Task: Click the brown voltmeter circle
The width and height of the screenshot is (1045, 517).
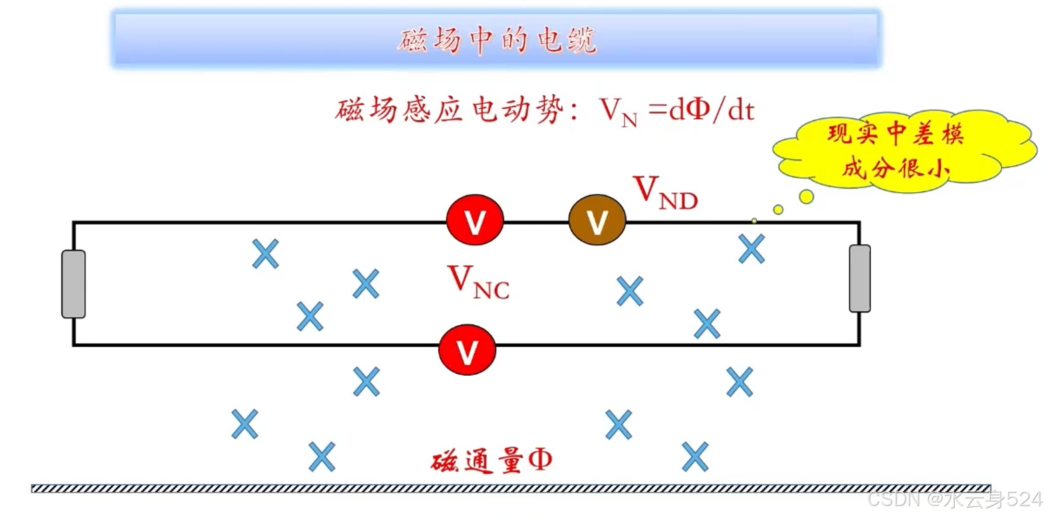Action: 597,220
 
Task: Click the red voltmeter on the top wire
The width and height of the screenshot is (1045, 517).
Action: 474,220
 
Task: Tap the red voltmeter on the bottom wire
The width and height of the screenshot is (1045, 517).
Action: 467,350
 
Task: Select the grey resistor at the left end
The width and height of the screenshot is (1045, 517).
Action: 73,284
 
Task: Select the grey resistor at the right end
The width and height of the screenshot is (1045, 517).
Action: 859,278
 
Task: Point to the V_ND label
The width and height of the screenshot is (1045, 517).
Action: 666,193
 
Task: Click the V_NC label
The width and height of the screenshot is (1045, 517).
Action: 478,282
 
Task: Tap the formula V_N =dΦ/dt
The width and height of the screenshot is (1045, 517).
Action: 677,111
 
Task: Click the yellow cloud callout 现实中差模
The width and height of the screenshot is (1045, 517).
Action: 895,134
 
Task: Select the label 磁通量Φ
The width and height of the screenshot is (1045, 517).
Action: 491,461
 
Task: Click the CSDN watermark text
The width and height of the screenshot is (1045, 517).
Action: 954,499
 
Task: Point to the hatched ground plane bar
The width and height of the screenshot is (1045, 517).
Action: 511,488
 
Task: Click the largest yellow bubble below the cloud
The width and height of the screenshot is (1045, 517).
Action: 806,196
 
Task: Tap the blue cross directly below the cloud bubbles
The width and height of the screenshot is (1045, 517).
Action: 752,249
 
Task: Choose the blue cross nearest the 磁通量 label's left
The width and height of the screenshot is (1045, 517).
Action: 322,457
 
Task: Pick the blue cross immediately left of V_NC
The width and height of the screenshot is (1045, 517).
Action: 365,284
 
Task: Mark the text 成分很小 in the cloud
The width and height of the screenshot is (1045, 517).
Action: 895,168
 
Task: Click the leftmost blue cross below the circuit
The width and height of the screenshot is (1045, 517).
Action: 244,424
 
